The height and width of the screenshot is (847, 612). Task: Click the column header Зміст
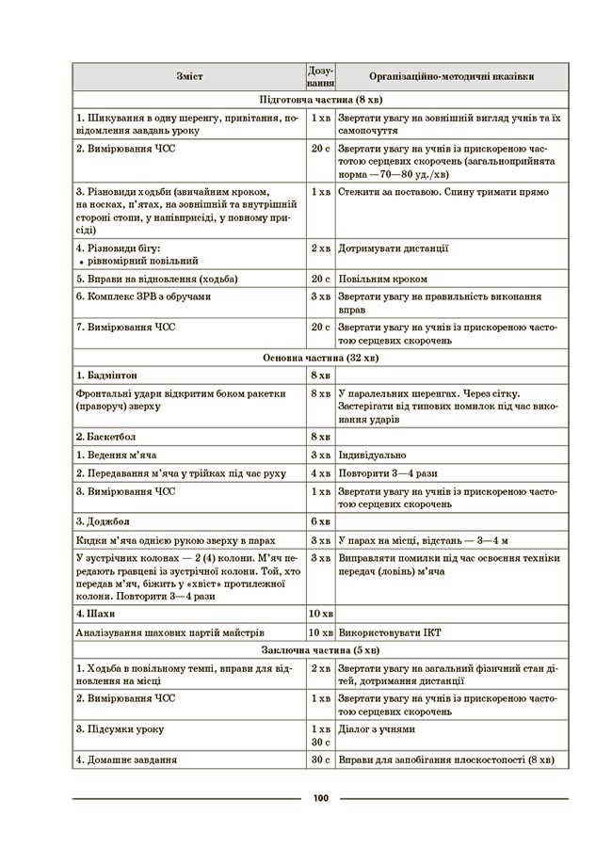tap(187, 76)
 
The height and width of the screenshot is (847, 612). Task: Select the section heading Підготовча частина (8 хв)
tap(319, 100)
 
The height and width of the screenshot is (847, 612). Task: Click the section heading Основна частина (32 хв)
tap(319, 359)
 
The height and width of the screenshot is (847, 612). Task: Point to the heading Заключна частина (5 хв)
tap(319, 649)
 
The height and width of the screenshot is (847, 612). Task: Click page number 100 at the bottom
tap(319, 799)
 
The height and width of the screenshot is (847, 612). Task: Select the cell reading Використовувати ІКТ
tap(395, 631)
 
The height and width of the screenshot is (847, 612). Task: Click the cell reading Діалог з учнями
tap(377, 729)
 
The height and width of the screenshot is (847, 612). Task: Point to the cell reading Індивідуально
tap(376, 455)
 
